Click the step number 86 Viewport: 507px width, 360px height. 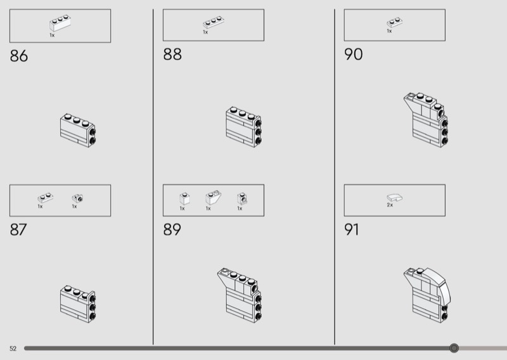pos(19,56)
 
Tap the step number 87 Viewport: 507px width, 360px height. pos(18,229)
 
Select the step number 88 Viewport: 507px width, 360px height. pos(172,55)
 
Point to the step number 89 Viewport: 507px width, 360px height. pos(172,229)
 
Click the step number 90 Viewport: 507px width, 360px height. pos(354,55)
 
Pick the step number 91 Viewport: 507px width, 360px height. pos(352,229)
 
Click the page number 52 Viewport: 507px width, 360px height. pos(13,349)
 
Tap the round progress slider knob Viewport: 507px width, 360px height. pos(454,348)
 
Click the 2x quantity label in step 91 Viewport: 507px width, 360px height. pos(390,205)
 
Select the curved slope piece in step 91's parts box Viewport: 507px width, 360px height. pos(395,197)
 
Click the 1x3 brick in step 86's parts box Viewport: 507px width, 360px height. pos(60,23)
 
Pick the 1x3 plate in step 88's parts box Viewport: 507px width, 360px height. pos(214,22)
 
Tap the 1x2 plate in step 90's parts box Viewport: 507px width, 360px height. pos(394,22)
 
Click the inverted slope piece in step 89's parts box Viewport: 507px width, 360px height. pos(214,197)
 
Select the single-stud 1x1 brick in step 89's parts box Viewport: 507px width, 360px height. pos(184,198)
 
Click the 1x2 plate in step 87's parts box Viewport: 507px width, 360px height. pos(46,198)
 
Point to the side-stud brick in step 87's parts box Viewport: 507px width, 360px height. pos(77,198)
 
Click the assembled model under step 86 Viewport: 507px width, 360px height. pos(78,131)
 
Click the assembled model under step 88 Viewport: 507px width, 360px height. pos(244,127)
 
